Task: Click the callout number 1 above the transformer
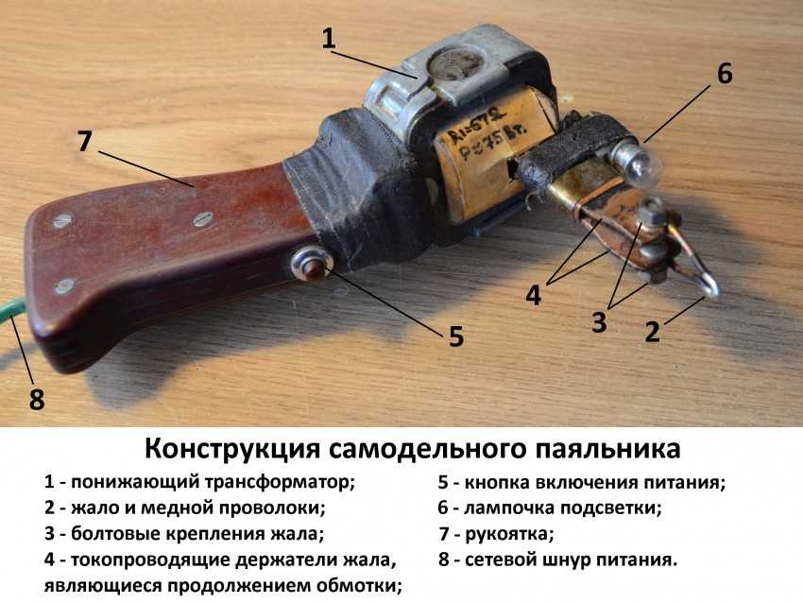pyautogui.click(x=328, y=39)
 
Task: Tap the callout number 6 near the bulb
pyautogui.click(x=725, y=74)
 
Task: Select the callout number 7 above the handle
pyautogui.click(x=84, y=141)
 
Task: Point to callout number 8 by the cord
pyautogui.click(x=36, y=399)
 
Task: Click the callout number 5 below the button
pyautogui.click(x=455, y=336)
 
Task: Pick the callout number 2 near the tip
pyautogui.click(x=652, y=332)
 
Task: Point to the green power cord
pyautogui.click(x=11, y=314)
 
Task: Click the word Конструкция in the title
pyautogui.click(x=232, y=449)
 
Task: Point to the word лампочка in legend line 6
pyautogui.click(x=509, y=508)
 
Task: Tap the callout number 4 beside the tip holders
pyautogui.click(x=533, y=296)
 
